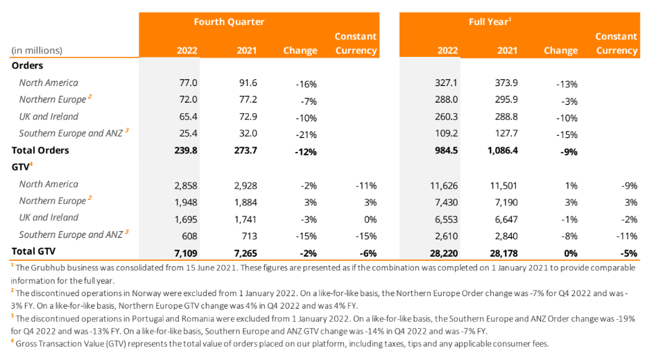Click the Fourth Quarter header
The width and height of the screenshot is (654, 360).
pyautogui.click(x=229, y=22)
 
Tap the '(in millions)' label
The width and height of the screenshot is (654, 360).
pyautogui.click(x=37, y=50)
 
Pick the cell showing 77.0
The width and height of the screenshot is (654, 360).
pyautogui.click(x=189, y=83)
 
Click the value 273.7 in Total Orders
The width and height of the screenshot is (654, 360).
pyautogui.click(x=250, y=150)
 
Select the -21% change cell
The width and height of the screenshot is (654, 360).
pyautogui.click(x=305, y=134)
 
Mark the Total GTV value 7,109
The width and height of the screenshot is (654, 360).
pyautogui.click(x=187, y=251)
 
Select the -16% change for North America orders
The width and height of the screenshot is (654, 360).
pyautogui.click(x=305, y=84)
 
